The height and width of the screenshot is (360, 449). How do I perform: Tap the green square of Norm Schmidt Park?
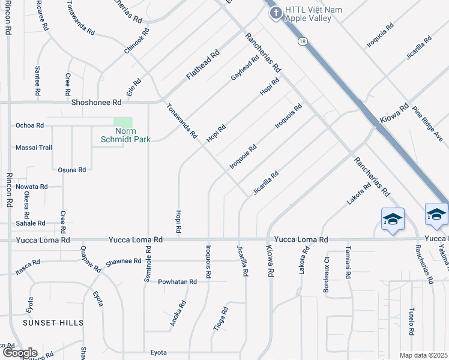(122, 122)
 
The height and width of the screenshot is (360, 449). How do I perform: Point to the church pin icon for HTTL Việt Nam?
(276, 13)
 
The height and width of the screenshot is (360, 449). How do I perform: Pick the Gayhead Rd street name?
(245, 68)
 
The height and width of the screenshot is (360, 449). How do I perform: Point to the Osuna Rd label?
(71, 170)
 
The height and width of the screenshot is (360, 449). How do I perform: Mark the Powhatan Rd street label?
(178, 281)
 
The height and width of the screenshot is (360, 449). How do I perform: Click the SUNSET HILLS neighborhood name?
(53, 323)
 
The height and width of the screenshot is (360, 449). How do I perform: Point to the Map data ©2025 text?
(424, 355)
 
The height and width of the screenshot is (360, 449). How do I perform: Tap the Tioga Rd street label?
(221, 319)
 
